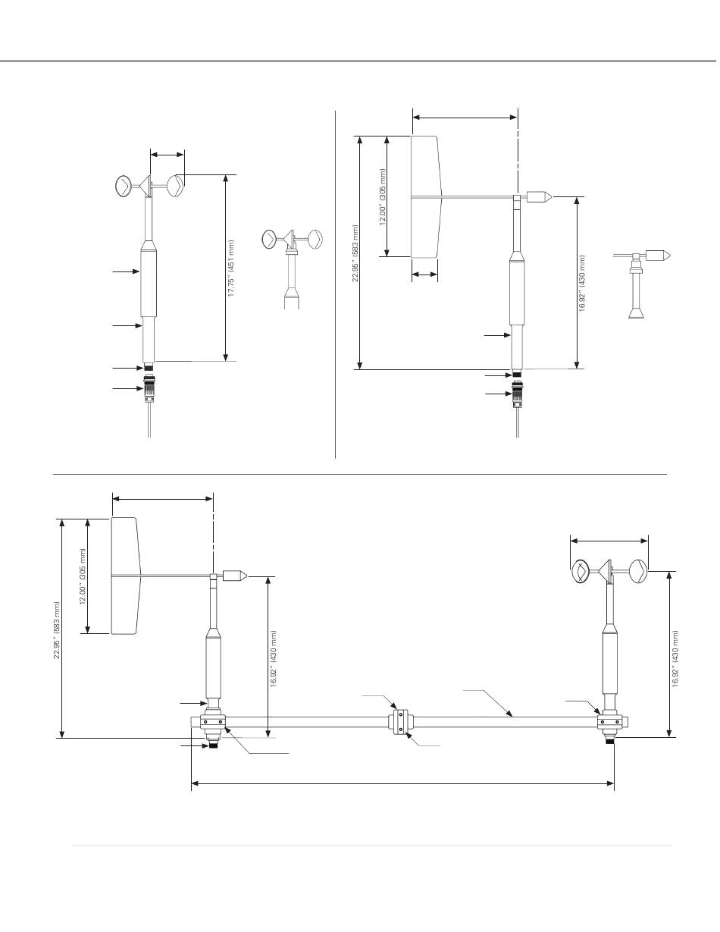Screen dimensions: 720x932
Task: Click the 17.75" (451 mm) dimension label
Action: (x=231, y=268)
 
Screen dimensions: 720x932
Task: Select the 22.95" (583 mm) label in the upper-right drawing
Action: (x=355, y=253)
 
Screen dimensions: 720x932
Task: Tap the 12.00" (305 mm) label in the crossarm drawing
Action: (x=83, y=576)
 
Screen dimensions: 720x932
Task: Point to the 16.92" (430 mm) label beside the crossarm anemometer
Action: (x=675, y=659)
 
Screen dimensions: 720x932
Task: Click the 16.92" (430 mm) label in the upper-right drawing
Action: (x=582, y=284)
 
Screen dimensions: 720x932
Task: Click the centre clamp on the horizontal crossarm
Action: (x=400, y=722)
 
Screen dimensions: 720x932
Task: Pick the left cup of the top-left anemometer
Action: (x=124, y=186)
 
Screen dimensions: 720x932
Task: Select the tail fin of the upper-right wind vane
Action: (x=426, y=197)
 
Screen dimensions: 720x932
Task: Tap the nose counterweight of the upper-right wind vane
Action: (x=539, y=197)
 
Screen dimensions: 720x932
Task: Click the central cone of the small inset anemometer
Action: (x=290, y=238)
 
